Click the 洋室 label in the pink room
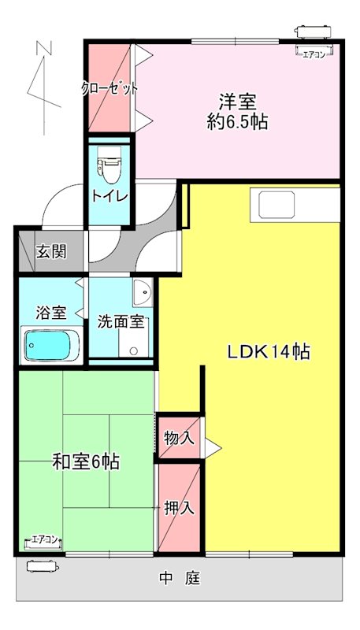tap(236, 102)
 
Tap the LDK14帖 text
tap(269, 353)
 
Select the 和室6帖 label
tap(86, 462)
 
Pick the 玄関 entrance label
tap(50, 252)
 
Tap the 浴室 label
tap(50, 312)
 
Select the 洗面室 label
tap(120, 321)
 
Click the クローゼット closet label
tap(109, 88)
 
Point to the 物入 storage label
tap(179, 437)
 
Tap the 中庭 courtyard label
tap(181, 580)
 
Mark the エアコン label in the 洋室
tap(313, 54)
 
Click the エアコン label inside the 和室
tap(44, 540)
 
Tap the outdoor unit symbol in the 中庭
tap(43, 565)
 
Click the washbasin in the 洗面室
tap(142, 294)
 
